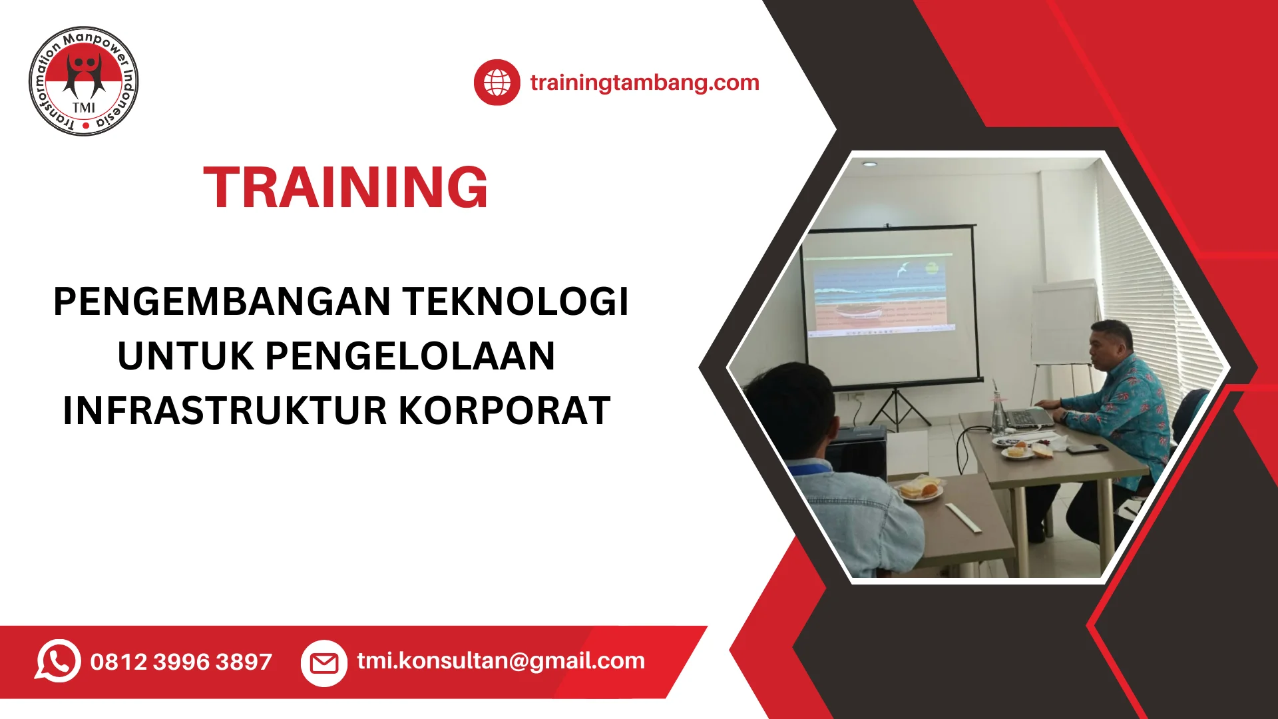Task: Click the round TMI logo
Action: click(84, 81)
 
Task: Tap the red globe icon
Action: click(497, 83)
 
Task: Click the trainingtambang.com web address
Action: click(644, 83)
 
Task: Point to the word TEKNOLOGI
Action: click(516, 302)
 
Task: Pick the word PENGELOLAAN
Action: click(410, 356)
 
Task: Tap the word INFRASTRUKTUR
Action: click(224, 410)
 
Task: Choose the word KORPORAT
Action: click(505, 410)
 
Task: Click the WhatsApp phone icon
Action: click(58, 661)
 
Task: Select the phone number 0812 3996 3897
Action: click(181, 662)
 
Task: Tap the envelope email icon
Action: click(324, 663)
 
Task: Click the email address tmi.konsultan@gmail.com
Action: click(501, 661)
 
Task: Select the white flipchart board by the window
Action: click(1064, 323)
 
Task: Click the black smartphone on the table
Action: click(1087, 448)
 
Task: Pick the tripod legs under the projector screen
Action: click(897, 407)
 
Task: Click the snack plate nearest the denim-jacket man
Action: click(921, 491)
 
